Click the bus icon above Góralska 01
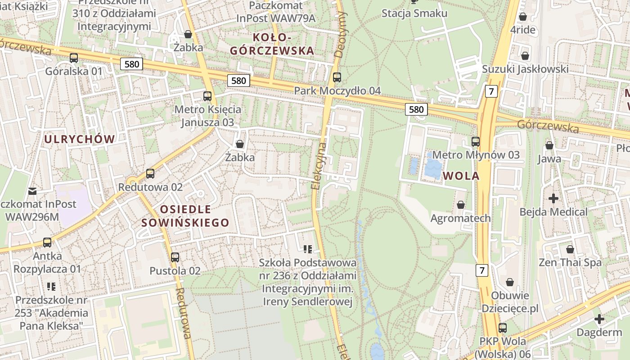[x=73, y=58]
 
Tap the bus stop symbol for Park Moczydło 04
[x=337, y=77]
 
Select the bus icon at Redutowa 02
[x=150, y=174]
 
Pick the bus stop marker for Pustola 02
[x=175, y=257]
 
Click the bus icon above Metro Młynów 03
[x=476, y=142]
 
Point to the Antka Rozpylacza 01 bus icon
[x=47, y=243]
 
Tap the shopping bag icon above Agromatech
[x=460, y=205]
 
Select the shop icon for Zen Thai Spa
[x=570, y=249]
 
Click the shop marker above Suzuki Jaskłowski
[x=525, y=56]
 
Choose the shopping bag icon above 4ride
[x=523, y=17]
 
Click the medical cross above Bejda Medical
[x=553, y=198]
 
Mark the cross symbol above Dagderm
[x=599, y=319]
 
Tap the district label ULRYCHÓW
[x=80, y=139]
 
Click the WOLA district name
[x=461, y=176]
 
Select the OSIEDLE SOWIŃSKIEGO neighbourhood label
[x=185, y=216]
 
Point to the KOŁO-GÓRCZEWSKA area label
[x=272, y=44]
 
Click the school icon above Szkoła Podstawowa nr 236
[x=308, y=249]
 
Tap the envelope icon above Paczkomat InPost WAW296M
[x=32, y=191]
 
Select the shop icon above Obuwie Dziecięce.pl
[x=510, y=283]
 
